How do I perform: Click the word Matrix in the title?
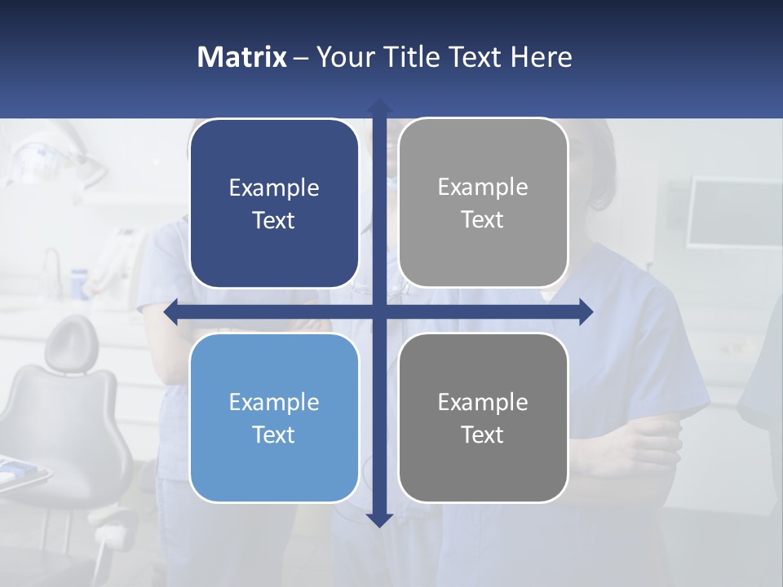click(241, 57)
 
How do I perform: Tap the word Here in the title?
click(541, 57)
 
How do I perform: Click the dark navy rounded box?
click(274, 204)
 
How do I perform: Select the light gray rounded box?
click(483, 203)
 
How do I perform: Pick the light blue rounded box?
click(274, 418)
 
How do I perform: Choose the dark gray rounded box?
click(483, 418)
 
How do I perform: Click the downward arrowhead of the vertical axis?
click(379, 519)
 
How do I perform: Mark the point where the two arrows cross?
click(379, 312)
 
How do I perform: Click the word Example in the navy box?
click(274, 188)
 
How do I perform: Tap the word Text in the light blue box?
click(274, 435)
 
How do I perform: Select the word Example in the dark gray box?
click(483, 402)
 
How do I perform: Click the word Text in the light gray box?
click(483, 220)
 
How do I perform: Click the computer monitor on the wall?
click(733, 212)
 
